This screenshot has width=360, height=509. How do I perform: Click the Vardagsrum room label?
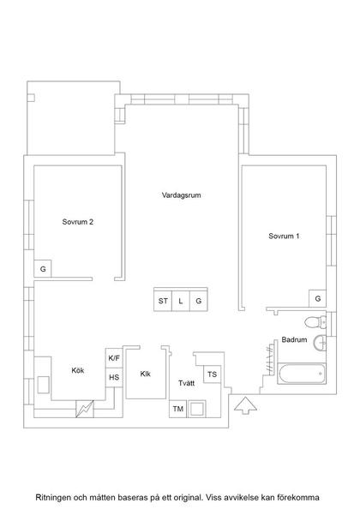[181, 195]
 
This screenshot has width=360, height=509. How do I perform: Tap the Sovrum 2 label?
[78, 222]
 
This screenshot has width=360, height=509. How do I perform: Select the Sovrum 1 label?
[284, 236]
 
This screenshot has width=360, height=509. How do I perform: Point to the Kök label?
[78, 370]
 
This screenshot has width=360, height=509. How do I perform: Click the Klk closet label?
[146, 374]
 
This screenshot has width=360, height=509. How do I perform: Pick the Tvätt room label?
[186, 383]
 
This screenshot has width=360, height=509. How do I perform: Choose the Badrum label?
[294, 340]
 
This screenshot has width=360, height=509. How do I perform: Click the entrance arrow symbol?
[245, 405]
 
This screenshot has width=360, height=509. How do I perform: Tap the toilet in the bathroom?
[315, 322]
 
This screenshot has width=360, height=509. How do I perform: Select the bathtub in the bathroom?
[302, 374]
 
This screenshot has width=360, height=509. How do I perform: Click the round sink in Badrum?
[321, 343]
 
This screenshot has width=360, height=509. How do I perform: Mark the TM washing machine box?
[178, 409]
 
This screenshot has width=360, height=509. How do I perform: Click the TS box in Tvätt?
[212, 374]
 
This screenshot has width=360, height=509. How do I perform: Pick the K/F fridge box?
[114, 358]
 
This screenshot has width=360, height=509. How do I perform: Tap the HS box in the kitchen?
[114, 378]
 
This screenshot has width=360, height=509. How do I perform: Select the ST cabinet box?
[163, 301]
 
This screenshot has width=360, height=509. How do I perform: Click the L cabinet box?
[181, 301]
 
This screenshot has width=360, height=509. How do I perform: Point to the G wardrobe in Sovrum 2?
[43, 269]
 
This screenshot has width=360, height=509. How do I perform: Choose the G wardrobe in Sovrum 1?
[317, 298]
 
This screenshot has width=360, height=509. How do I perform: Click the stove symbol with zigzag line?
[85, 409]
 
